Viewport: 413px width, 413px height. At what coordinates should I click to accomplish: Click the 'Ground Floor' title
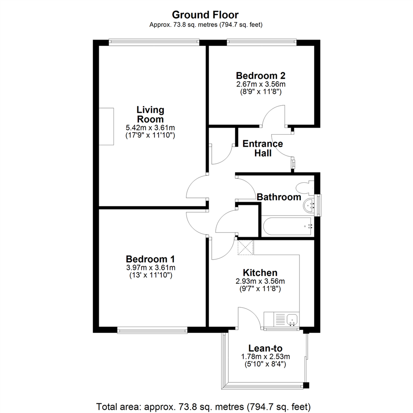tap(205, 15)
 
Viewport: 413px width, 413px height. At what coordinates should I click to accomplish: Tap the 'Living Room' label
tap(150, 114)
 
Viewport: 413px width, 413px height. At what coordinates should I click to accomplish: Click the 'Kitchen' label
tap(260, 273)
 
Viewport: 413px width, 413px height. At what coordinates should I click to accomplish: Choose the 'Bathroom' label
tap(279, 197)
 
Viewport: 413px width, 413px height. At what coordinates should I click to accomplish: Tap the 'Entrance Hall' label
tap(263, 148)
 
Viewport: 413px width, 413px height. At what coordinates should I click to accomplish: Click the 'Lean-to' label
tap(265, 348)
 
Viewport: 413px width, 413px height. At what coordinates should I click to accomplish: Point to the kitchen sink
tap(293, 319)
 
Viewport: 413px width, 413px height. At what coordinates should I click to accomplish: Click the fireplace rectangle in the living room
tap(106, 127)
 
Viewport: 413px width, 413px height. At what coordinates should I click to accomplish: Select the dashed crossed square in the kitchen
tap(246, 247)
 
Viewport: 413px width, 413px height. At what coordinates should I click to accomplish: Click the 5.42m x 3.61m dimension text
tap(150, 127)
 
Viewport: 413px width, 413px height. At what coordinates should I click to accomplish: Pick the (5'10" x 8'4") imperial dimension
tap(265, 364)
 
